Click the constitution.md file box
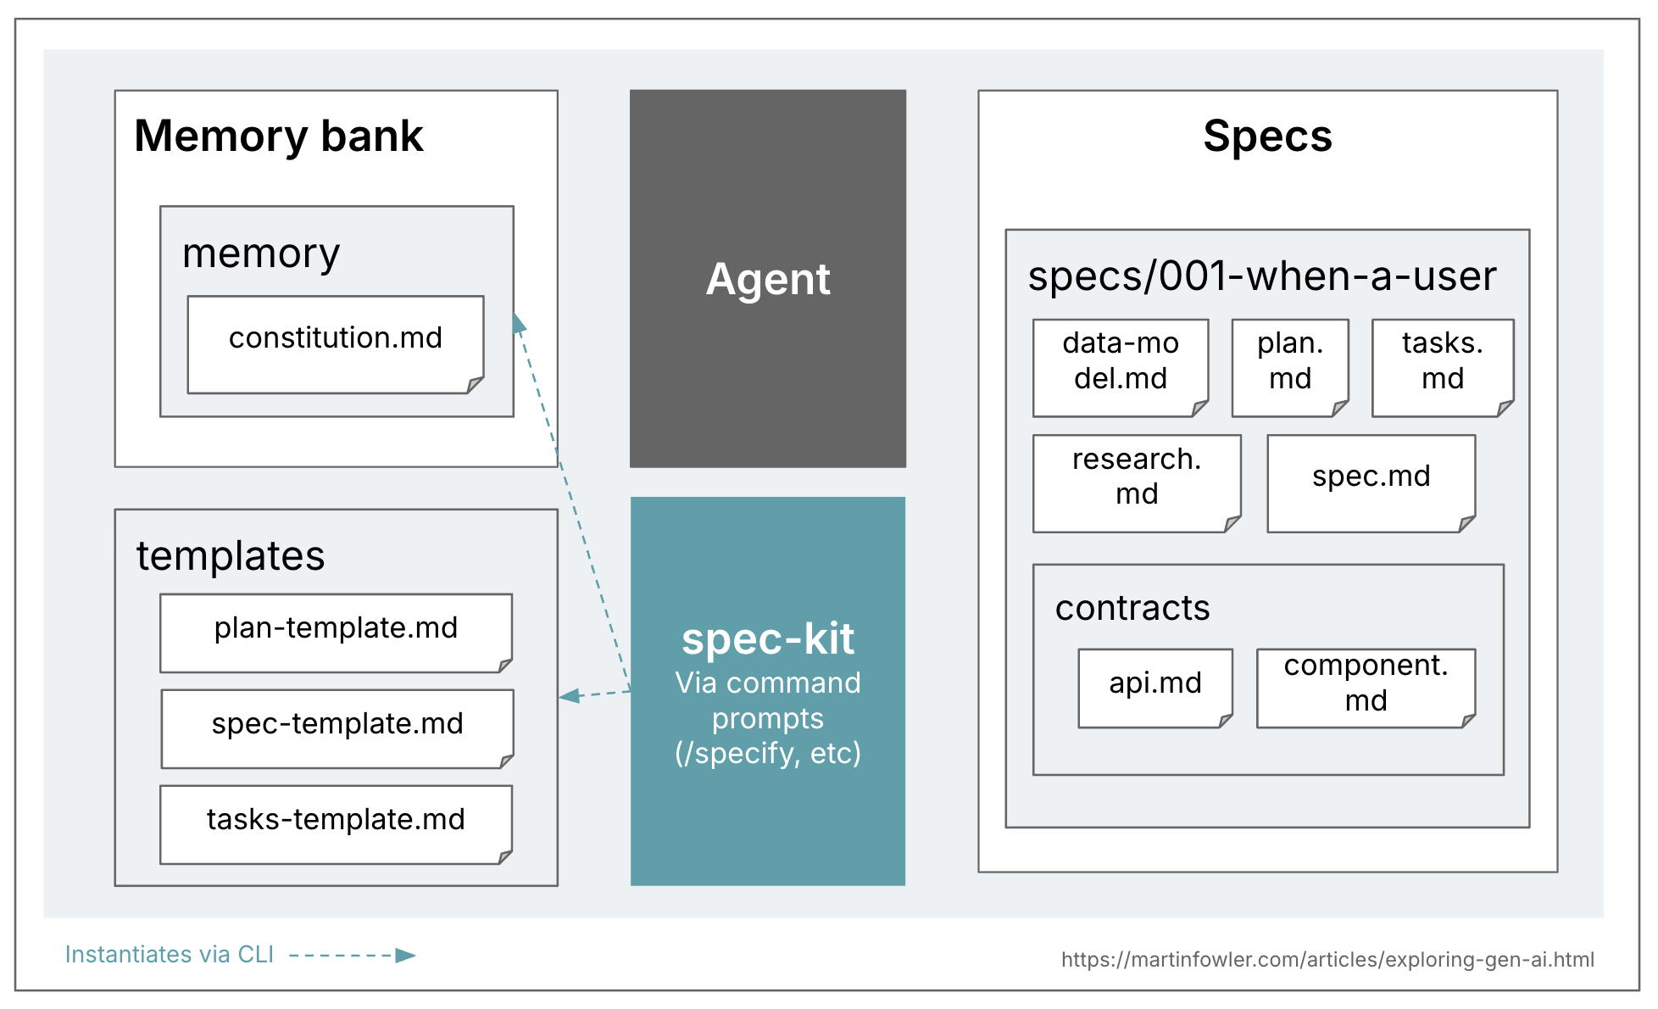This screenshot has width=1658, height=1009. (336, 344)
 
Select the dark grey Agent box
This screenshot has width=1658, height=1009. (767, 278)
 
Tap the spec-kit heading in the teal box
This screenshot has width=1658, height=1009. (767, 638)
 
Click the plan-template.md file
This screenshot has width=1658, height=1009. (336, 633)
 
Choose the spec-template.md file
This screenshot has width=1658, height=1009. (337, 728)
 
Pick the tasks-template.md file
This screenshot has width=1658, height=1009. (336, 824)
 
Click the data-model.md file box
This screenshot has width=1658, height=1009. (1120, 367)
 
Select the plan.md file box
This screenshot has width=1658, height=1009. (1289, 367)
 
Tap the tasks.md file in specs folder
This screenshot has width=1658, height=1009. (1442, 367)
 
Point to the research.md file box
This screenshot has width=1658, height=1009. (1136, 483)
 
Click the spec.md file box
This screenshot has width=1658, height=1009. (1371, 483)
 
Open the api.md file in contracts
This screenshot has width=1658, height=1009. (1154, 688)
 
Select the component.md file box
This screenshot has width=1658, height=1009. (1366, 688)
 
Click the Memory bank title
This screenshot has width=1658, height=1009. (278, 136)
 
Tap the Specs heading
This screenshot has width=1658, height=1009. (1267, 136)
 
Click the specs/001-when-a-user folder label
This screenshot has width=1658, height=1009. (1261, 276)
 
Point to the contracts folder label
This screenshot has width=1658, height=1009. (1132, 608)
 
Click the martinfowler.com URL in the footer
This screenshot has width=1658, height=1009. (1327, 959)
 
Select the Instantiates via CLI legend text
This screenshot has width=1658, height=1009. (170, 955)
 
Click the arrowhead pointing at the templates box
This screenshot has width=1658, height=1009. (569, 696)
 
